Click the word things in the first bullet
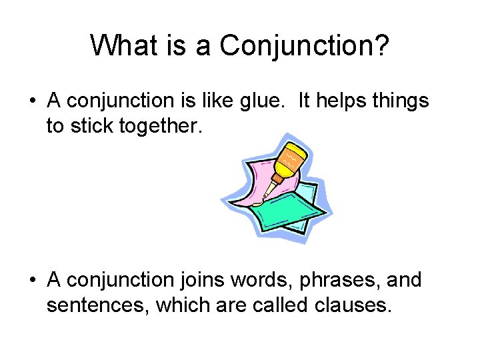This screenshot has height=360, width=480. [x=401, y=102]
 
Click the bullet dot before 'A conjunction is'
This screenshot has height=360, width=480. [x=32, y=102]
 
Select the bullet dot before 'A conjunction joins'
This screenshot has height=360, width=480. [x=32, y=280]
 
